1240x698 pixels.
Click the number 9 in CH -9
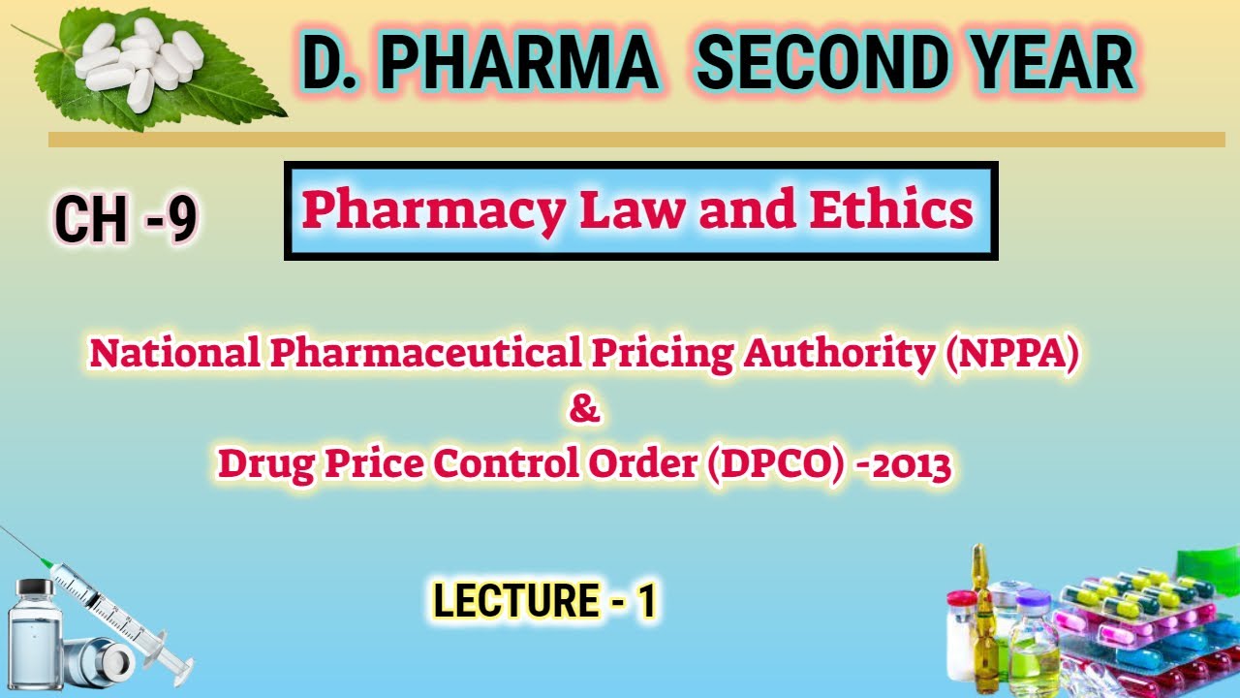pyautogui.click(x=180, y=219)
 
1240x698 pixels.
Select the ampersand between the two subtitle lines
pyautogui.click(x=584, y=409)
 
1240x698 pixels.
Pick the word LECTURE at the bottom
pyautogui.click(x=502, y=601)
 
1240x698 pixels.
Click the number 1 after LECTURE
pyautogui.click(x=645, y=601)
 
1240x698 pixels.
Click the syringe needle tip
pyautogui.click(x=5, y=530)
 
